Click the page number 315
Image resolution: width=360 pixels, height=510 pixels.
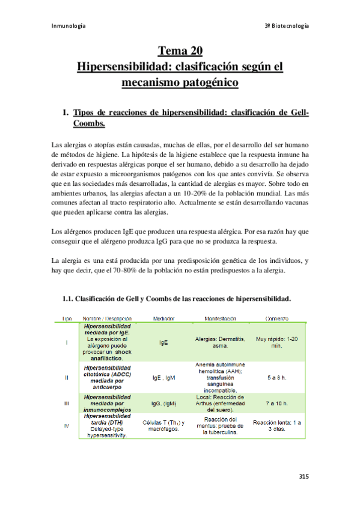[304, 476]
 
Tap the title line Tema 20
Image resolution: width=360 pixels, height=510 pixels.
[180, 49]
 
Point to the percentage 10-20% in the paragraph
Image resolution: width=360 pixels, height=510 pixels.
[212, 194]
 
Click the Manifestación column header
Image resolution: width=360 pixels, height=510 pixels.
[220, 318]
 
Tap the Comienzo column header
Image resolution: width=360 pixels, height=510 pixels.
[276, 318]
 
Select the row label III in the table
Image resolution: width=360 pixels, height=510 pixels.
[66, 403]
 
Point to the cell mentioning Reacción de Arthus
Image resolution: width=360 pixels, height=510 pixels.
[220, 403]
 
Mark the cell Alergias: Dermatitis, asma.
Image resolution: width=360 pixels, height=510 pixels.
[220, 342]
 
